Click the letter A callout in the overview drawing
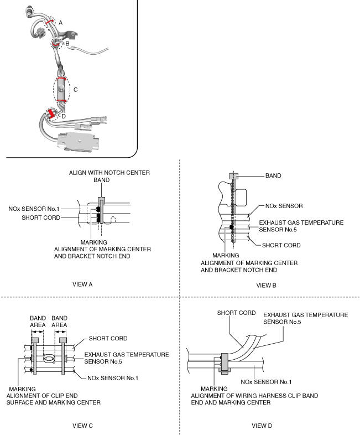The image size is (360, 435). [x=60, y=23]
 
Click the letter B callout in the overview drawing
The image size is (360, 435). [x=67, y=44]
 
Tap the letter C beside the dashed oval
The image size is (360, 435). [x=75, y=90]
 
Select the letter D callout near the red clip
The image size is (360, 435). [x=64, y=116]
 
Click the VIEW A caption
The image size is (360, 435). [x=82, y=284]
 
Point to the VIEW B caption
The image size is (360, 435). [x=266, y=286]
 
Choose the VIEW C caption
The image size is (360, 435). [x=82, y=426]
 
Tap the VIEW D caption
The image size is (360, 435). [x=262, y=426]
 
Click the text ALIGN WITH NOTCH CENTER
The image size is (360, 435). [x=109, y=173]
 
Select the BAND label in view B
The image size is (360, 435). [x=273, y=175]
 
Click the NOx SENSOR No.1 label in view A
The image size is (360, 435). [x=34, y=209]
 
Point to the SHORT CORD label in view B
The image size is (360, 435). [x=281, y=245]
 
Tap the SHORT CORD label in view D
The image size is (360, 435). [x=236, y=313]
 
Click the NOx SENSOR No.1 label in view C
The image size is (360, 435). [x=113, y=378]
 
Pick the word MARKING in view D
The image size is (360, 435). [x=214, y=389]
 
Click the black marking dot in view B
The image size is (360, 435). [x=231, y=227]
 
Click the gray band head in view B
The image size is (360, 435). [x=233, y=176]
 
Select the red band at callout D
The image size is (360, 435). [x=51, y=114]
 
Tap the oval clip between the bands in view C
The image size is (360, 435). [x=49, y=359]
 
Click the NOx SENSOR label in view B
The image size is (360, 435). [x=284, y=206]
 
